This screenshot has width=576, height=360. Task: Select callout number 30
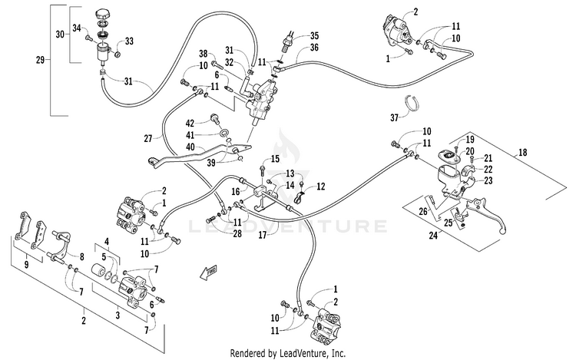click(x=59, y=35)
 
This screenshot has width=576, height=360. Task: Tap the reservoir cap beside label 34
click(x=103, y=15)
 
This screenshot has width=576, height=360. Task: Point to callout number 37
click(x=395, y=118)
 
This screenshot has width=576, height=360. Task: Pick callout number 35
click(x=314, y=35)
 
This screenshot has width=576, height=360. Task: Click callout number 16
click(x=235, y=190)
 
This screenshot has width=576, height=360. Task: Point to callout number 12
click(x=321, y=186)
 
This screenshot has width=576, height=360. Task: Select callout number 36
click(x=314, y=48)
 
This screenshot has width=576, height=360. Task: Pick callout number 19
click(x=470, y=140)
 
